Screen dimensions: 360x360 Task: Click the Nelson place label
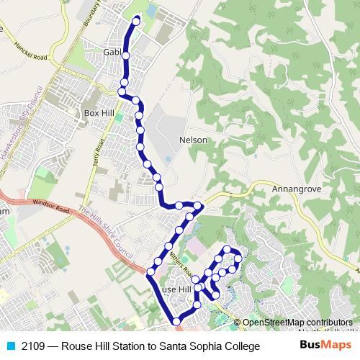[x=193, y=140]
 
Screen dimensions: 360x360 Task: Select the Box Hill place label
[x=99, y=113]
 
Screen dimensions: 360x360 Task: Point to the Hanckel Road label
[x=30, y=50]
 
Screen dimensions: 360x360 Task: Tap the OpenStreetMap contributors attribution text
[x=297, y=323]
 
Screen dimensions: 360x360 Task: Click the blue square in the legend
[x=9, y=346]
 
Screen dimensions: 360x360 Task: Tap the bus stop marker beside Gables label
[x=125, y=55]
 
